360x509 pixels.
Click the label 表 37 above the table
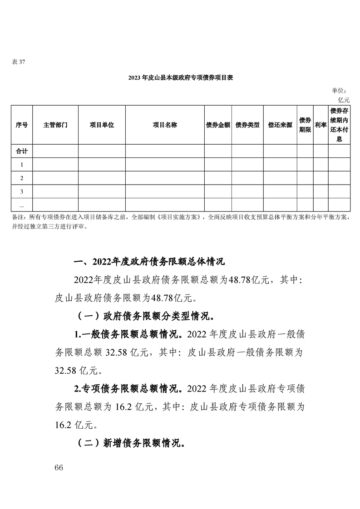click(18, 62)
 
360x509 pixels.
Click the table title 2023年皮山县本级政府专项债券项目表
click(180, 78)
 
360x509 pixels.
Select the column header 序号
click(21, 125)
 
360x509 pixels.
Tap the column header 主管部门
click(55, 125)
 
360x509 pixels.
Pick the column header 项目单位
click(102, 125)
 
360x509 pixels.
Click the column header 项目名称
click(164, 125)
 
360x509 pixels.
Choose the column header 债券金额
click(218, 125)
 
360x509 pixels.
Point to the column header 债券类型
click(247, 125)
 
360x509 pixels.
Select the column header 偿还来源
click(280, 125)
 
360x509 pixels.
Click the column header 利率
click(321, 125)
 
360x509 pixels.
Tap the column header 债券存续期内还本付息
click(339, 125)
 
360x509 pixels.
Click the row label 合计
click(21, 151)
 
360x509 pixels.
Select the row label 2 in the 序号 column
click(21, 178)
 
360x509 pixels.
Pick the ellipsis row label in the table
click(21, 204)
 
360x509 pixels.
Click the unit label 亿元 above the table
click(344, 99)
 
